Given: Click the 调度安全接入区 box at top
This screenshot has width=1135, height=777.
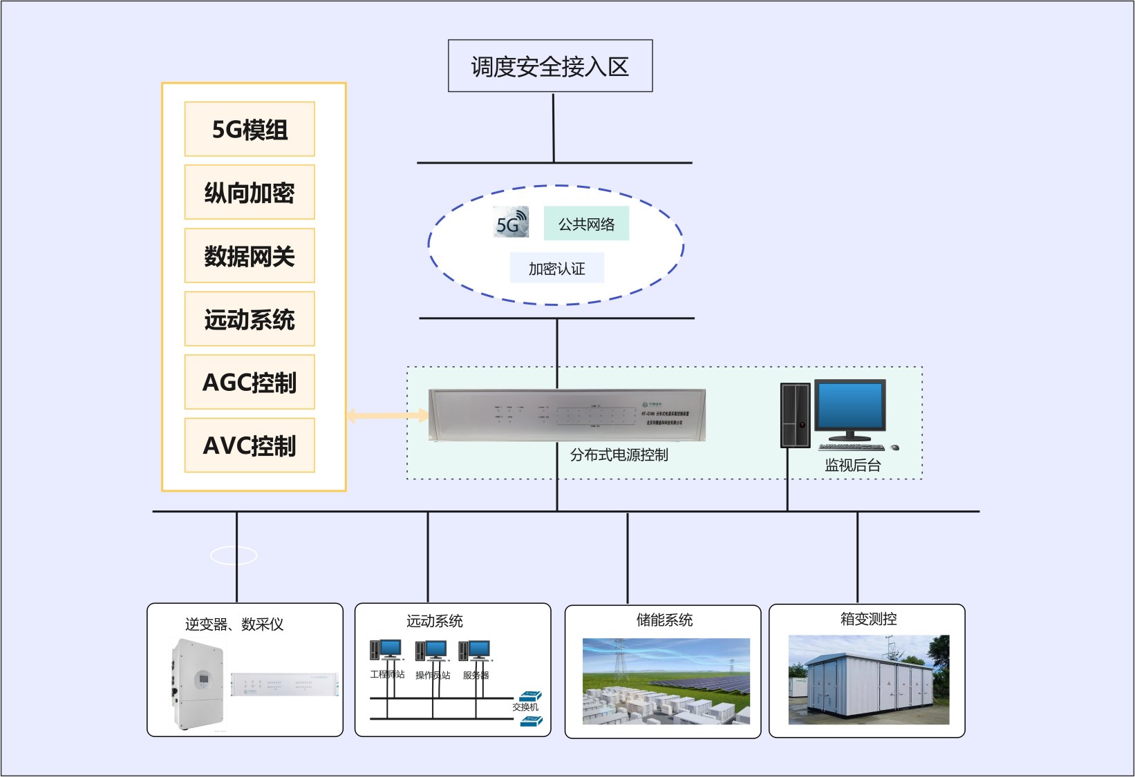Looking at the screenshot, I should pos(550,66).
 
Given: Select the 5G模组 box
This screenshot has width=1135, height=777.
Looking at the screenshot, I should pos(250,129).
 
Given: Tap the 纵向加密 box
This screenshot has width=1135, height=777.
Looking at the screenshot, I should pos(250,193).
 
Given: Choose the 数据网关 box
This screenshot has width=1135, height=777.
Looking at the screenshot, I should pos(250,256).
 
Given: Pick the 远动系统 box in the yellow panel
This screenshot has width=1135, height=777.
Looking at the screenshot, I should pos(250,319).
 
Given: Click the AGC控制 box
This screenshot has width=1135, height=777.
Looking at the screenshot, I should pos(250,382).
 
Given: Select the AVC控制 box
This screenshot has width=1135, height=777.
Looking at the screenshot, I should pos(250,445).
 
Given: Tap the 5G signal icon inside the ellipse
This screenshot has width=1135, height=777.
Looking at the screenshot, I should pos(511,222).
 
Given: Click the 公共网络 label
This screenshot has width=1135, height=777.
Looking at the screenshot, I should pos(586,224).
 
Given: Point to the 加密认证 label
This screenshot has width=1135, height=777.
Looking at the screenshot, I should pos(556,268).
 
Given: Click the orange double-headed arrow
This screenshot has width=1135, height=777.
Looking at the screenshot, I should pos(387,415).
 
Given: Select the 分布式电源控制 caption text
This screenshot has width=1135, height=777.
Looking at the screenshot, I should pos(619,454).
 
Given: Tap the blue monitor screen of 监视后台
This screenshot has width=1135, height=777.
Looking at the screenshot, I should pos(850,407).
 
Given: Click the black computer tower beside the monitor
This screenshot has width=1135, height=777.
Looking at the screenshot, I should pos(795,415).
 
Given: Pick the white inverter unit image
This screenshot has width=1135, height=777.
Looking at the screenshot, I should pos(198,684).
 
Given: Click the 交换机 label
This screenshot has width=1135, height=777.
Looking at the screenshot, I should pos(525,707).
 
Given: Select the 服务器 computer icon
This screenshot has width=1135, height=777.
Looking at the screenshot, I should pos(475,651).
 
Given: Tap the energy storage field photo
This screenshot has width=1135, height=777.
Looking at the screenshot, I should pos(666,681).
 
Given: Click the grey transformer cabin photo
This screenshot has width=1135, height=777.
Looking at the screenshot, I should pos(868,680).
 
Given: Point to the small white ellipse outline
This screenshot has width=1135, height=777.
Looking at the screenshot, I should pos(234,555).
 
